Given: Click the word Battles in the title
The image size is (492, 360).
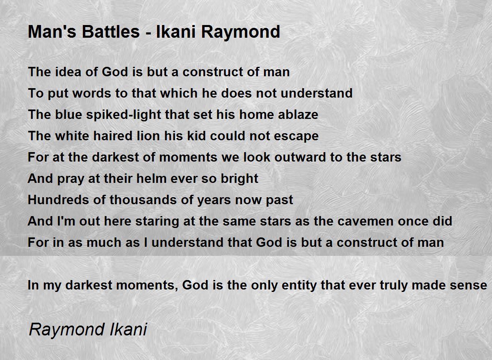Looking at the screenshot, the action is pyautogui.click(x=111, y=32).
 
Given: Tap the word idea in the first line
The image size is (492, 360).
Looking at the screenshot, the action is pyautogui.click(x=68, y=72).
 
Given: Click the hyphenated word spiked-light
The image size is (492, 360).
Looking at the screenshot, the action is pyautogui.click(x=123, y=115).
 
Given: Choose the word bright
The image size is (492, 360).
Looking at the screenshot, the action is pyautogui.click(x=239, y=179).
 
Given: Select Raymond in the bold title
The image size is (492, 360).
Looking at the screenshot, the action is pyautogui.click(x=241, y=32).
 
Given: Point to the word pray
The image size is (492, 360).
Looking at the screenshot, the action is pyautogui.click(x=71, y=179).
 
